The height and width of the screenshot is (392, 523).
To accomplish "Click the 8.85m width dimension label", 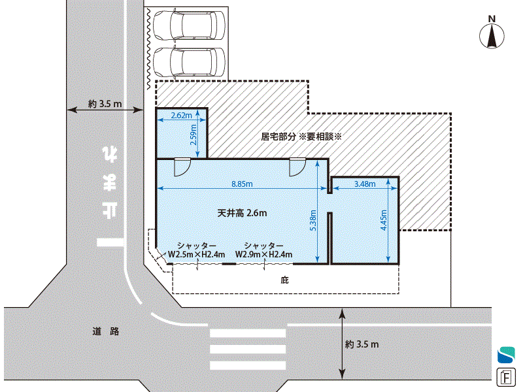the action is (242, 184).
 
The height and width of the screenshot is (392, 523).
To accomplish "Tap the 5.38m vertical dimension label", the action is (313, 220).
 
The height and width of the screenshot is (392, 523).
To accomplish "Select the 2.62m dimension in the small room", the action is (182, 116).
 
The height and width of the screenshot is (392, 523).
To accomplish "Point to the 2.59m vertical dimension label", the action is (193, 135).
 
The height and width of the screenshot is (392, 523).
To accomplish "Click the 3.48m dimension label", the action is (365, 184).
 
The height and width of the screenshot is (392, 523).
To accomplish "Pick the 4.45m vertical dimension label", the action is (384, 220).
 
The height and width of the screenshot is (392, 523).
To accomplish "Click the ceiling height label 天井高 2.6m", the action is (242, 213).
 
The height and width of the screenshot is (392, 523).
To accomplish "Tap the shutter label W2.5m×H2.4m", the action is (197, 255).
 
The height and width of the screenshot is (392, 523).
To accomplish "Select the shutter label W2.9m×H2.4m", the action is (264, 255).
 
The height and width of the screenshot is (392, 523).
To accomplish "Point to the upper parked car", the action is (189, 25).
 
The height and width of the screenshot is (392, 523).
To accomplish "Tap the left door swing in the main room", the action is (182, 167).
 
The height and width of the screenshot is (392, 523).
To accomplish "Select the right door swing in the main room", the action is (298, 167).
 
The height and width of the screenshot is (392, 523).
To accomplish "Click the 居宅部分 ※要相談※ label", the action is (301, 137).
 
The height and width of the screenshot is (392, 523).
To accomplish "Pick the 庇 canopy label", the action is (284, 280).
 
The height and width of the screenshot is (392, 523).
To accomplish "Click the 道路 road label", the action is (106, 331).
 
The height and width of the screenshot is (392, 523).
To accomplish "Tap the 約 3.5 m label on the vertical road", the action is (105, 104).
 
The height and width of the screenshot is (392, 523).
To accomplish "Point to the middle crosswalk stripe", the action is (248, 350).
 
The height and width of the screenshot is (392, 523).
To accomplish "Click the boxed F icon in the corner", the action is (506, 378).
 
